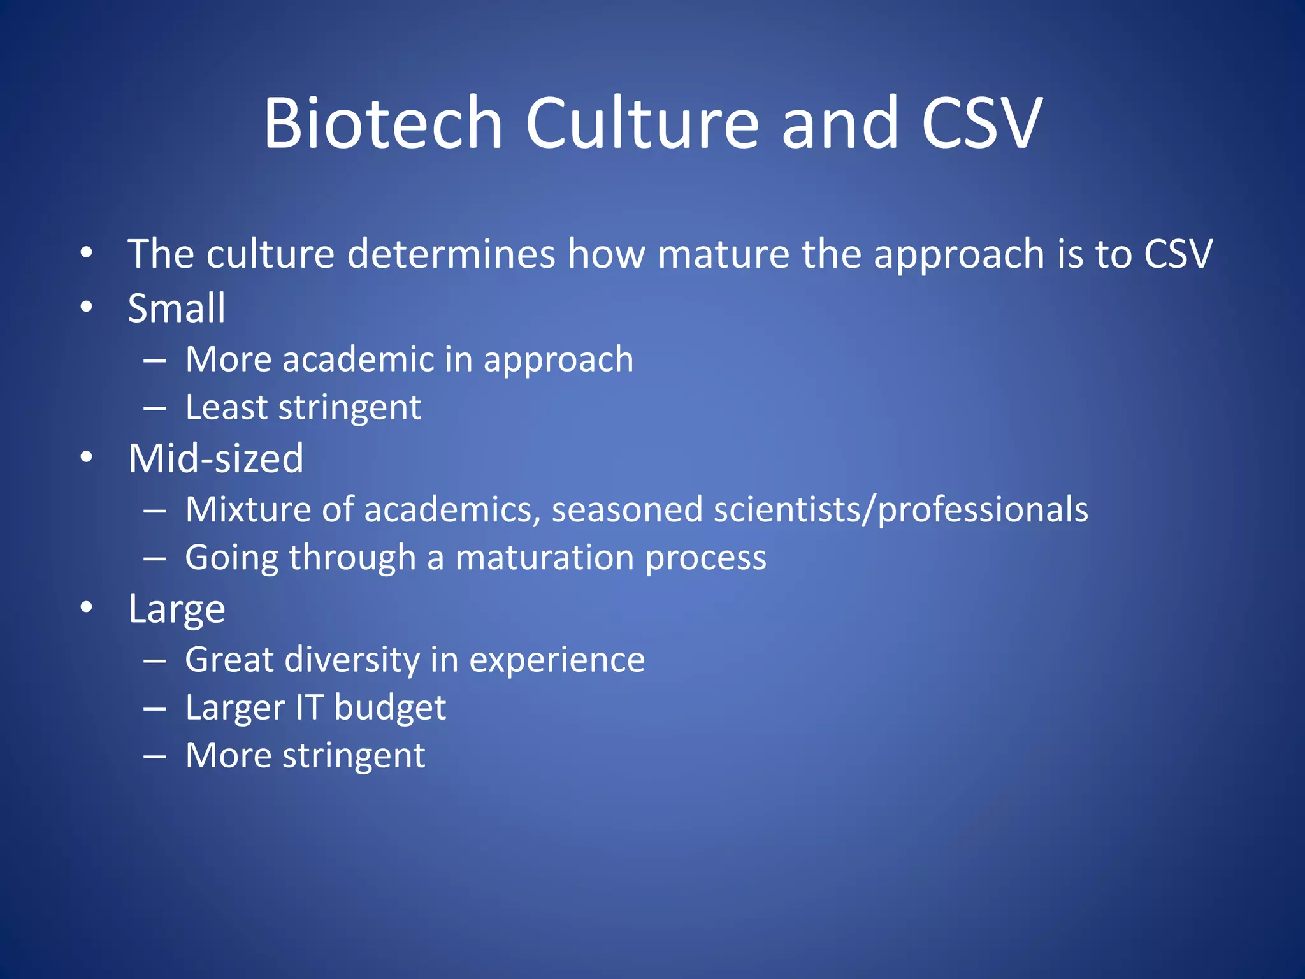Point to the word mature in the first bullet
click(x=723, y=254)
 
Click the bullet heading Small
click(x=177, y=308)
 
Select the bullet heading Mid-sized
click(x=216, y=459)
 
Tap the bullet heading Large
click(x=177, y=609)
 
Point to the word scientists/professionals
click(x=900, y=510)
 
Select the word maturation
click(x=544, y=558)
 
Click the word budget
click(x=390, y=708)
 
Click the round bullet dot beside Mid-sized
click(x=87, y=458)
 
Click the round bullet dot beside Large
click(x=87, y=607)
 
